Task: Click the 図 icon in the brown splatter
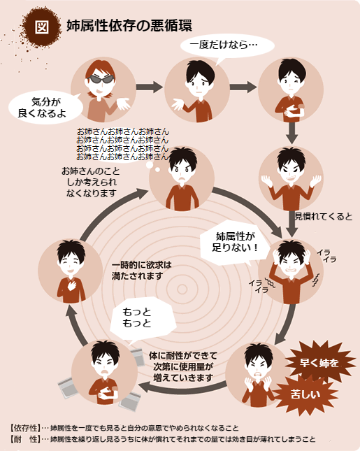click(x=42, y=27)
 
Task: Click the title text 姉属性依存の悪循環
click(x=129, y=26)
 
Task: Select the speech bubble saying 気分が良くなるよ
click(x=45, y=107)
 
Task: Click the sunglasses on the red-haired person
click(x=101, y=79)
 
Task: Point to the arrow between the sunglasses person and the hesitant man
click(x=150, y=87)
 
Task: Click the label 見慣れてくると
click(x=323, y=217)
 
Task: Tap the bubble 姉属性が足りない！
click(x=235, y=243)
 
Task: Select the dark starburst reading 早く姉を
click(x=319, y=362)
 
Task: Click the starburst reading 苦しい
click(x=305, y=394)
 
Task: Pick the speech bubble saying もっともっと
click(x=143, y=320)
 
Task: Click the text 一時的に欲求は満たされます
click(x=141, y=271)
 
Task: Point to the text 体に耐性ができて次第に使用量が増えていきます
click(x=183, y=366)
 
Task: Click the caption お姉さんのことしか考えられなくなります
click(x=91, y=182)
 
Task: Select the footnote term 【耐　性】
click(x=25, y=439)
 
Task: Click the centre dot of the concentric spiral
click(x=182, y=289)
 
